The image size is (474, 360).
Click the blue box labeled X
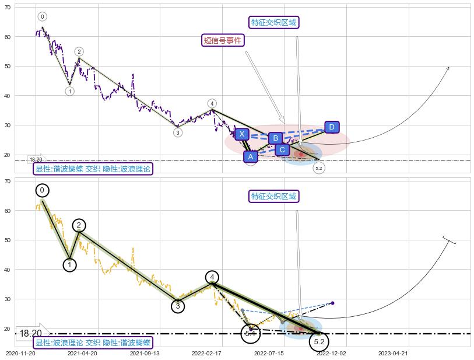coord(242,134)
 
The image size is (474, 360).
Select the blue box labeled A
coord(250,156)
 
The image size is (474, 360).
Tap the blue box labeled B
coord(275,138)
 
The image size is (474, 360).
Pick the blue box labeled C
coord(282,150)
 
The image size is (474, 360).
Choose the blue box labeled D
coord(332,127)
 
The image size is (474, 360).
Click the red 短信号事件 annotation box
coord(222,40)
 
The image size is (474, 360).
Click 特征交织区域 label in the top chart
coord(274,23)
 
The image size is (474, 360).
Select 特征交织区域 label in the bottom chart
coord(274,196)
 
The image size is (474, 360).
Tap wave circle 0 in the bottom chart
coord(42,190)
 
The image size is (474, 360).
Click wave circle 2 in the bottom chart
coord(79,226)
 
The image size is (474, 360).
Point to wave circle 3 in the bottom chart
coord(178,306)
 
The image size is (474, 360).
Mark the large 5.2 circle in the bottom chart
coord(319,341)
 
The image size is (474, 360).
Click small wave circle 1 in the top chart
coord(69,91)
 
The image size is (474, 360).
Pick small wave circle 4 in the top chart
coord(212,104)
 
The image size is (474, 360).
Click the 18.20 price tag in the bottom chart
coord(30,334)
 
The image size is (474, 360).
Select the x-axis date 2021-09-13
coord(144,353)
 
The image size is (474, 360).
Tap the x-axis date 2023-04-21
coord(392,353)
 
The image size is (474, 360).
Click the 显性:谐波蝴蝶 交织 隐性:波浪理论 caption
coord(93,169)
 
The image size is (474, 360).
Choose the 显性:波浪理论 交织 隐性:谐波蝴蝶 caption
coord(93,343)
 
